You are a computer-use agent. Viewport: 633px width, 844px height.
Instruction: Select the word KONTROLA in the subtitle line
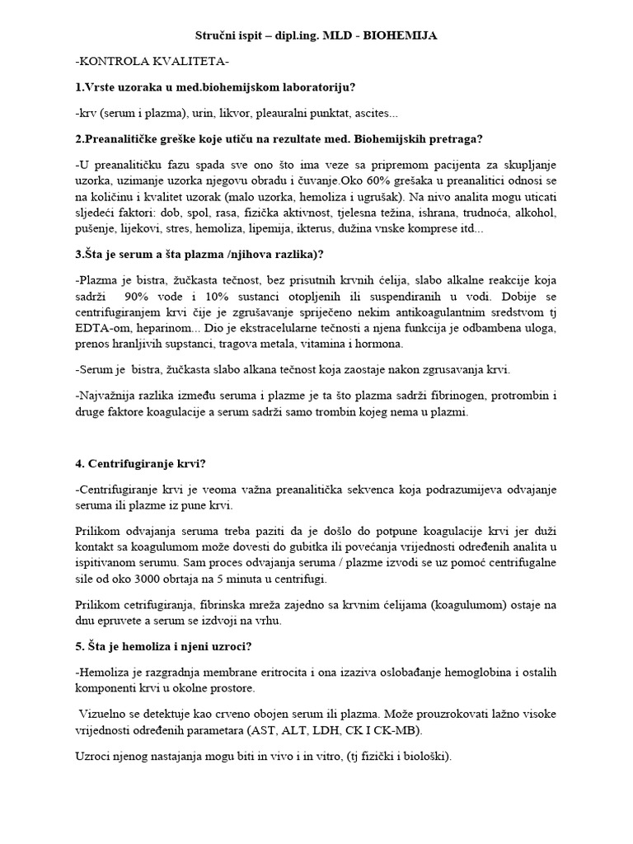(115, 61)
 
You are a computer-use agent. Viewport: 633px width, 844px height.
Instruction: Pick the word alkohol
(535, 212)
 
